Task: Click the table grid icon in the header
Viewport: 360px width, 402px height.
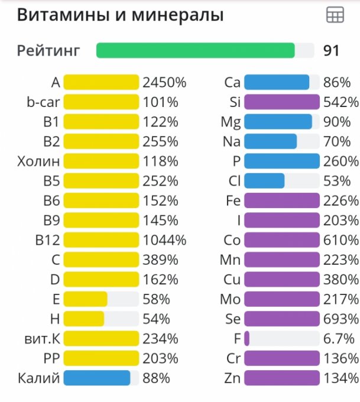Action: tap(335, 16)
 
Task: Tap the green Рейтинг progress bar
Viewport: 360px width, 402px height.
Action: tap(195, 50)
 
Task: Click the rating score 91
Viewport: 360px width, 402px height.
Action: tap(332, 50)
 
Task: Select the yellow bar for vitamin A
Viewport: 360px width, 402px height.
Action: tap(101, 82)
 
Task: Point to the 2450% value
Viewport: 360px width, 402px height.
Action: tap(164, 82)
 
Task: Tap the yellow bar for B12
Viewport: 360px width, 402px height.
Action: tap(101, 240)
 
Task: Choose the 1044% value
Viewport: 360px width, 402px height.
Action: tap(164, 240)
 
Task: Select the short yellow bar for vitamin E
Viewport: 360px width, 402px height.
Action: tap(85, 299)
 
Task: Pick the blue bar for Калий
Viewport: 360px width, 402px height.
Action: tap(96, 378)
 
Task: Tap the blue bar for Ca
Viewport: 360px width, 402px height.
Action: tap(276, 82)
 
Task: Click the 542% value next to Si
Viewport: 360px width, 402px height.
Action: tap(341, 102)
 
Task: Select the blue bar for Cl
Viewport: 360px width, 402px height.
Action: tap(264, 181)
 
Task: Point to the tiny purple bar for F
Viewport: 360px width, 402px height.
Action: tap(247, 338)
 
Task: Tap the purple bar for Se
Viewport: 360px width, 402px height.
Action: tap(281, 319)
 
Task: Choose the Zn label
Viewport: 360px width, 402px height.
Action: tap(232, 378)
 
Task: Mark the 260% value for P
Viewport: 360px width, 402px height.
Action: tap(341, 161)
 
